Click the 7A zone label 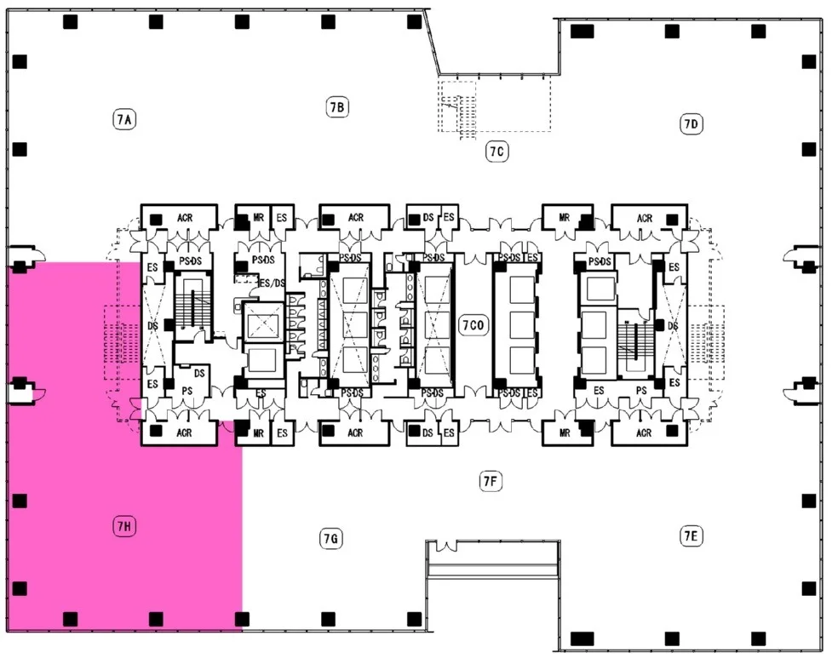[x=124, y=119]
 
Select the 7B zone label [x=337, y=107]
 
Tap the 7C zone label [x=496, y=152]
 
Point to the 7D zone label [x=691, y=124]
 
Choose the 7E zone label [x=691, y=536]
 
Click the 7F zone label [x=490, y=482]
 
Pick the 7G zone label [x=330, y=539]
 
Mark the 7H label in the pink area [x=124, y=526]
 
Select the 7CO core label [x=473, y=325]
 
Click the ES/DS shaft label [x=272, y=283]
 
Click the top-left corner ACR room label [x=185, y=218]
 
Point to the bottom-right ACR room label [x=644, y=433]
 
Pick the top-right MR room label [x=564, y=217]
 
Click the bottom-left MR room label [x=258, y=433]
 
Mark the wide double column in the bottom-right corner [x=582, y=638]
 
